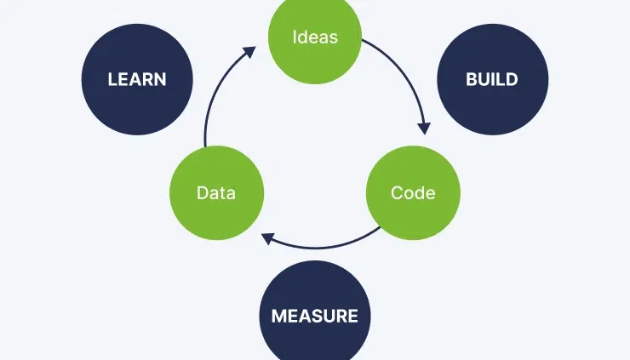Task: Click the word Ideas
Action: [315, 37]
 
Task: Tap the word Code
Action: [413, 193]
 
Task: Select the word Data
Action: [216, 193]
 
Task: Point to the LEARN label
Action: [137, 80]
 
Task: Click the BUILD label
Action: [491, 80]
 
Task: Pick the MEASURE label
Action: [314, 317]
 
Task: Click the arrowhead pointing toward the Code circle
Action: [424, 129]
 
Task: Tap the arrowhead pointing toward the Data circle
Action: [267, 238]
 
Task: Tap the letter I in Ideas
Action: [295, 37]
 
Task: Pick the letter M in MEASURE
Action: [278, 317]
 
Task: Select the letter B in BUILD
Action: [471, 80]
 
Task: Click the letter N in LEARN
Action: [160, 80]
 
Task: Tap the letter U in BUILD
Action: [483, 80]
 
